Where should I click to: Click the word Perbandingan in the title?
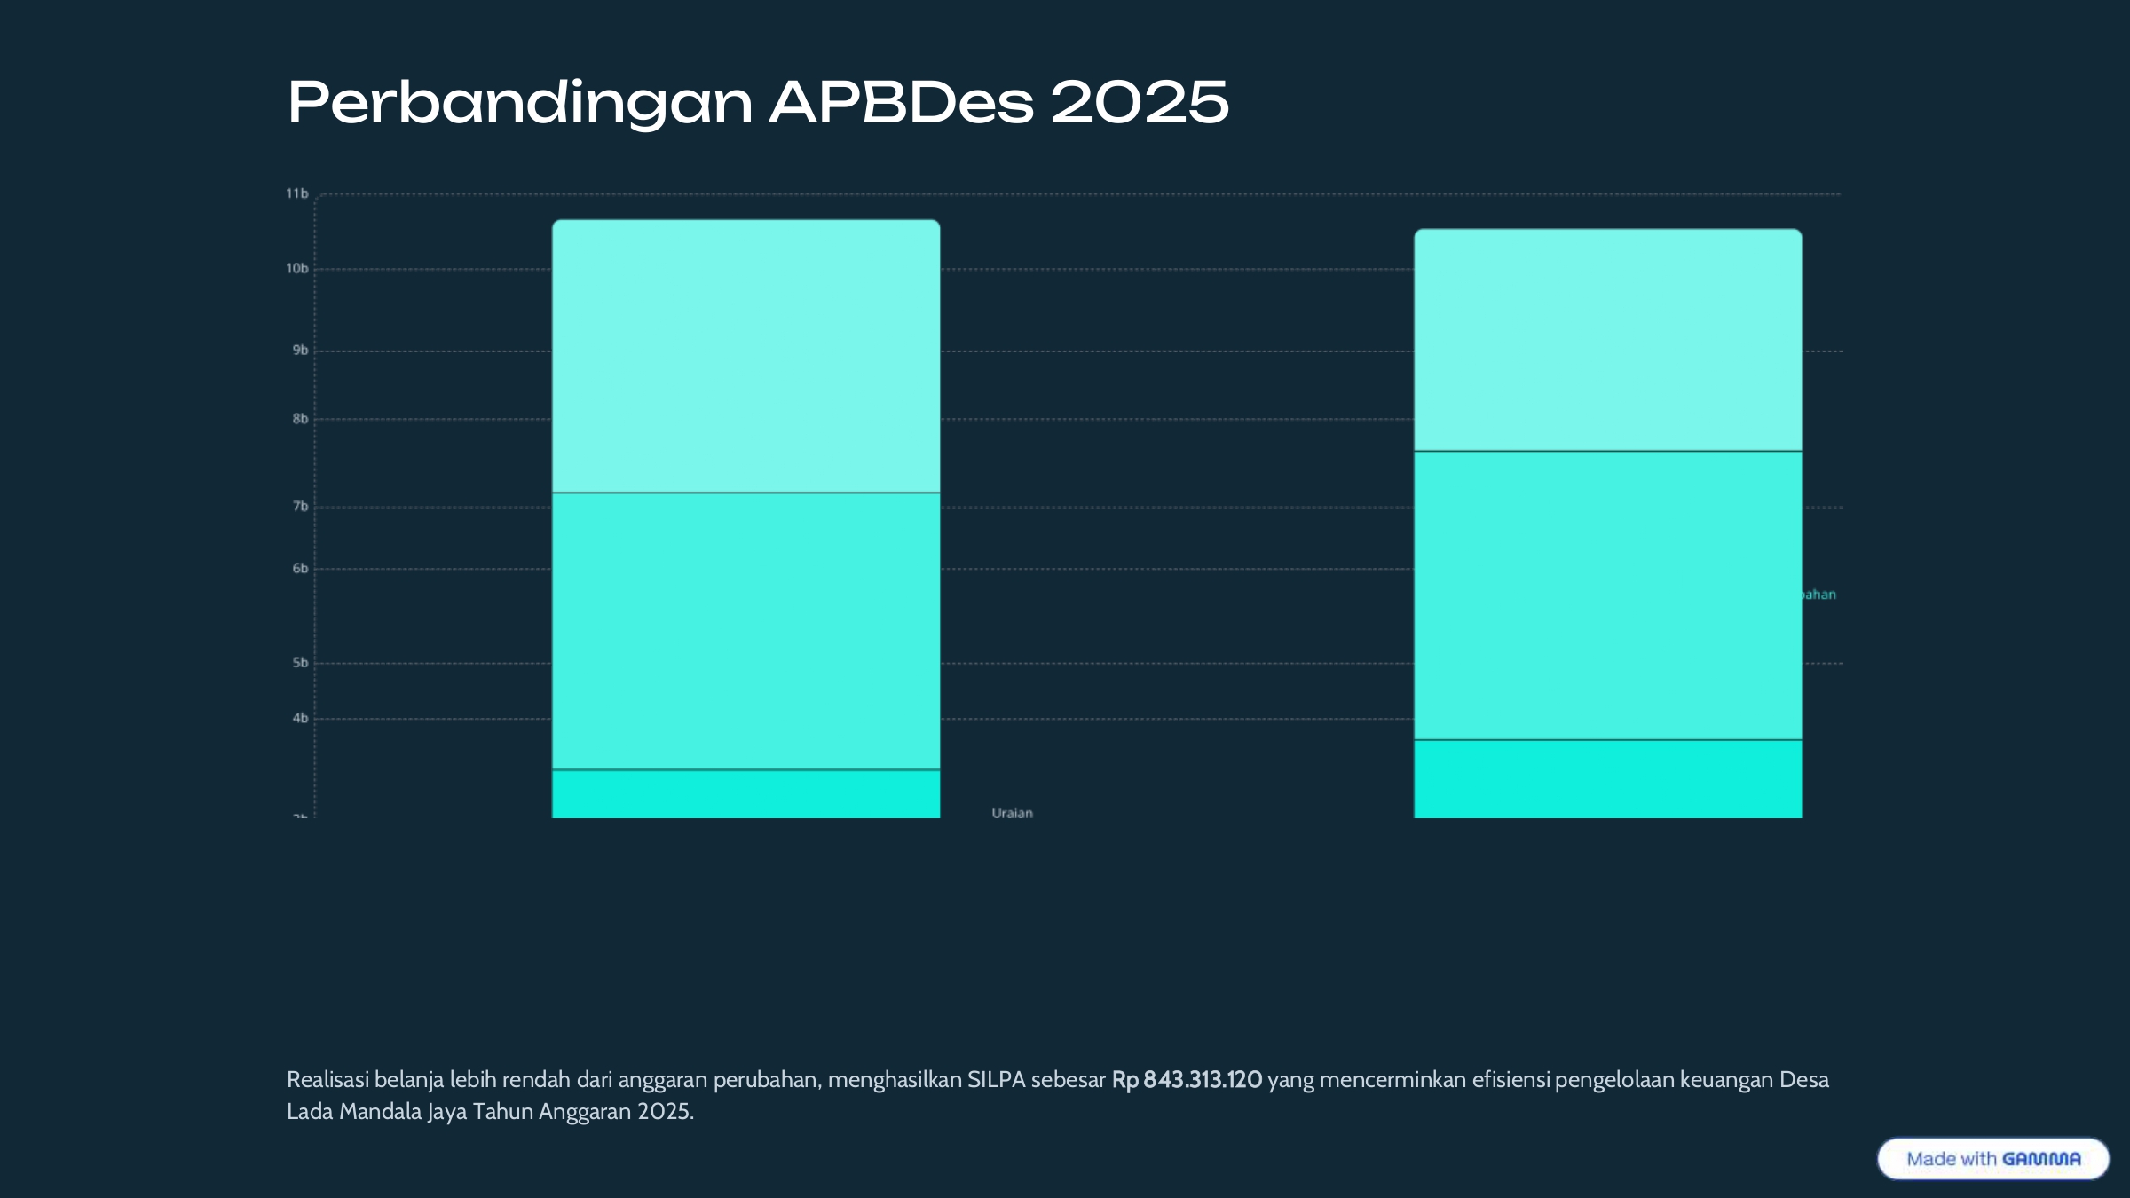520,103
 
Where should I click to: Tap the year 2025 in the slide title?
1140,103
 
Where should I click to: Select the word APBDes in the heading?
901,103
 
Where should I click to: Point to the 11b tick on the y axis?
296,193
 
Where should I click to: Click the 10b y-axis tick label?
296,269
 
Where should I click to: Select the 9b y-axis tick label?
300,351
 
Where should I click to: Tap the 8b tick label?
300,419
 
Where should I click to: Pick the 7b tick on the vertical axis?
300,507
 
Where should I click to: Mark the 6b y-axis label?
300,569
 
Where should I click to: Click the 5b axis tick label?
300,663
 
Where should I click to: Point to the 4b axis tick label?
300,719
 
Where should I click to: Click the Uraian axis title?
1012,813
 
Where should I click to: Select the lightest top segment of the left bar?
745,355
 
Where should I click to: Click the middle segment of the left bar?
745,630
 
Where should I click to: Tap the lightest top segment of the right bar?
1607,340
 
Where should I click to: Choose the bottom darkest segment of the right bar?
1607,779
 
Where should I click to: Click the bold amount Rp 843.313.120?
1187,1080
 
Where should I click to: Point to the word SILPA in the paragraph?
996,1080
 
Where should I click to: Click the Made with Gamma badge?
1992,1159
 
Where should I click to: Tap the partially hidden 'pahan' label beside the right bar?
1818,595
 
